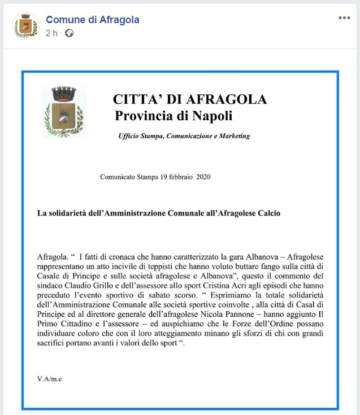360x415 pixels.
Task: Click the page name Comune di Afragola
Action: click(x=93, y=20)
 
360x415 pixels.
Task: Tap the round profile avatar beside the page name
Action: click(x=25, y=26)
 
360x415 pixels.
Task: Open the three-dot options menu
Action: click(x=344, y=18)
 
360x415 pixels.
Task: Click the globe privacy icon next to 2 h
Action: click(x=70, y=33)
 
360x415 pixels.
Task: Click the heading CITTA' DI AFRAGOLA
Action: click(x=190, y=100)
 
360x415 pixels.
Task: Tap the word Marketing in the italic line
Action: click(x=233, y=136)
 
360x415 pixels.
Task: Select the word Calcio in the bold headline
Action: click(x=268, y=213)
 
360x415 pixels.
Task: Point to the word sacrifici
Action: click(x=55, y=343)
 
